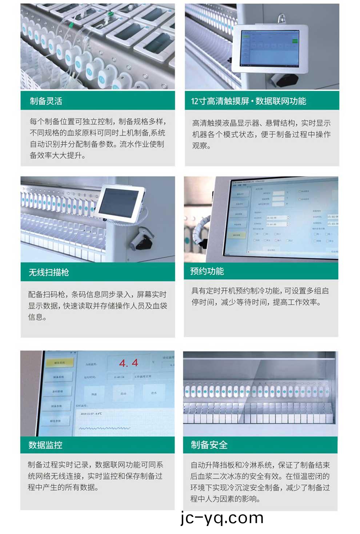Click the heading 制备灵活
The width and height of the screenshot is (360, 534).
(46, 101)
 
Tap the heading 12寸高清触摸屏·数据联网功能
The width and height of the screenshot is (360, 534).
(248, 101)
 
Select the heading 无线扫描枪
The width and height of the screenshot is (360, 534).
(49, 272)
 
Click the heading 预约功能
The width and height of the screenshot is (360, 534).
(207, 271)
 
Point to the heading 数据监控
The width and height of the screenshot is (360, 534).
(45, 445)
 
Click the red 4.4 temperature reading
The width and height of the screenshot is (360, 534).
(129, 363)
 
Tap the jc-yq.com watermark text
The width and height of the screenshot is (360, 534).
(222, 518)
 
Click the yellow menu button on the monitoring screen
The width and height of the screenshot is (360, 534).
(59, 363)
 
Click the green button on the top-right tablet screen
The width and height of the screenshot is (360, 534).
(295, 41)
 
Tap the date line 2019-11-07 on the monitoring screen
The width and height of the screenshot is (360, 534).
(91, 414)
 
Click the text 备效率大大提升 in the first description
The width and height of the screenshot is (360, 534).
(57, 156)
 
